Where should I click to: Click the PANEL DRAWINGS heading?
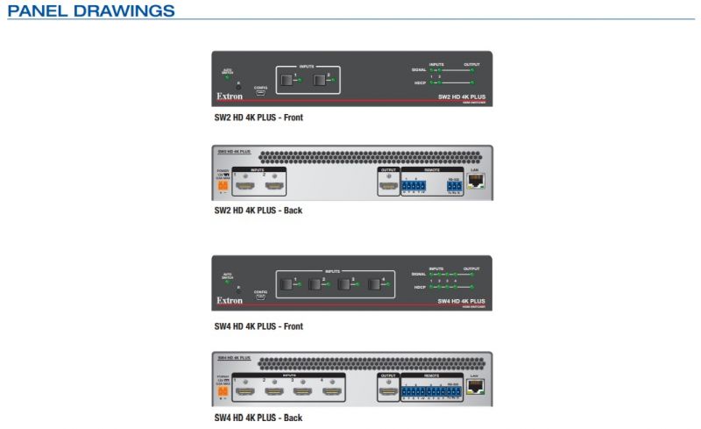click(x=91, y=11)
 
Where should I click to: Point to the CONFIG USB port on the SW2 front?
click(x=260, y=94)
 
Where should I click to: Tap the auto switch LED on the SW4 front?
click(x=227, y=283)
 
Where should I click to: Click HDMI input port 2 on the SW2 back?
click(x=275, y=187)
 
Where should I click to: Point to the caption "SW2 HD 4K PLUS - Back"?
click(x=258, y=211)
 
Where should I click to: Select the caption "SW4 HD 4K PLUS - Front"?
click(x=258, y=326)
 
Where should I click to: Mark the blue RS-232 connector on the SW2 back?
click(x=453, y=185)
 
